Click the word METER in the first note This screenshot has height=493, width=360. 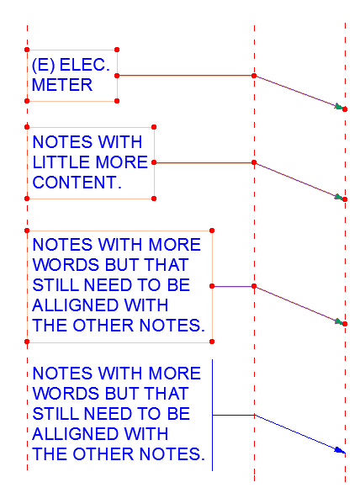click(61, 84)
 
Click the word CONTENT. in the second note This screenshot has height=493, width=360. click(77, 182)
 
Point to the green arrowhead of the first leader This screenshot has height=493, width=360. click(339, 107)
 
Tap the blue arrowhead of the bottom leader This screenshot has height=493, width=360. click(340, 450)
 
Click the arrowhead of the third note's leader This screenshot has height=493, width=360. click(339, 321)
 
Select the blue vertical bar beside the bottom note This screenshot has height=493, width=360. click(212, 415)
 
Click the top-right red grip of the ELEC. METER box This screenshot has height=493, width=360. click(116, 49)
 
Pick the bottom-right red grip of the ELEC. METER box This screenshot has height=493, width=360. click(116, 101)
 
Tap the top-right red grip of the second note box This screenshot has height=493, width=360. click(154, 128)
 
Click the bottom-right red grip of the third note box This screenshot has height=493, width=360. click(212, 342)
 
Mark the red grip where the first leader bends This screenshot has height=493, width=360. click(254, 76)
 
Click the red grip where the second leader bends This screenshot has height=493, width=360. click(254, 162)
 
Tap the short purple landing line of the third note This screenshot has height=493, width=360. click(233, 287)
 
